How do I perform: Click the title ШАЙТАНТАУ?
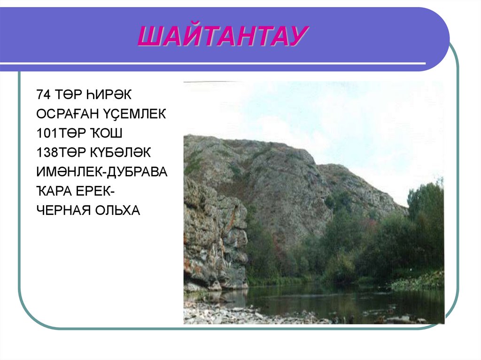(x=223, y=36)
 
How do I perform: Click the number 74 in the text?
(x=42, y=94)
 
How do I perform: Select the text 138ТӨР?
(x=61, y=153)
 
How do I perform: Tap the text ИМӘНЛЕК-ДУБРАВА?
(x=101, y=172)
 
